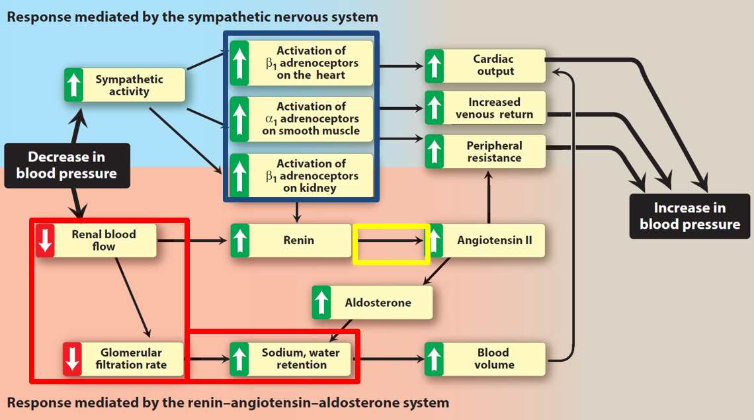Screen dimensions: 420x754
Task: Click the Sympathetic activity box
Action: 125,85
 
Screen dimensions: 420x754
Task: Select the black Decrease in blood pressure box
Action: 67,165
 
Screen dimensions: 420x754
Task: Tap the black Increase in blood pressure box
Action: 690,216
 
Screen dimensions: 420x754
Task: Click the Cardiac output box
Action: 485,65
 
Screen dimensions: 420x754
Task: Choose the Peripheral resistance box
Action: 485,151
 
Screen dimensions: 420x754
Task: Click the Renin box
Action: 291,240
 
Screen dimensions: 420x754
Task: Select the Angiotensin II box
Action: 485,240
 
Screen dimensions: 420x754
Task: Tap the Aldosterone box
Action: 372,302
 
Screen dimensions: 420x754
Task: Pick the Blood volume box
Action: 485,358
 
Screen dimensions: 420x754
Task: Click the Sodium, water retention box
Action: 291,358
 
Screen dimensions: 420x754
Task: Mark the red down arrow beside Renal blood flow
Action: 45,240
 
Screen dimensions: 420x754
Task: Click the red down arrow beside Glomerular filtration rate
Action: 72,358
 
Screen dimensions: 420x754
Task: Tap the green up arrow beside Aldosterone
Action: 321,302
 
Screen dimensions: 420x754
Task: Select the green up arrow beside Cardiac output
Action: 434,65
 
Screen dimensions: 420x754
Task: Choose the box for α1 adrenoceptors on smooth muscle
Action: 302,118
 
